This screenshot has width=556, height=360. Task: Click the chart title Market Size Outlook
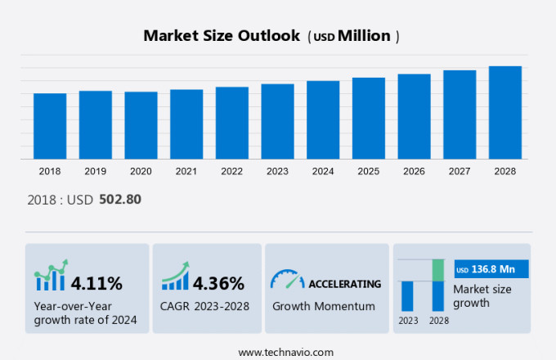coord(221,36)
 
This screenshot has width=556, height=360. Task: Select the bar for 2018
coord(50,126)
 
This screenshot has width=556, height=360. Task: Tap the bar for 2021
coord(186,124)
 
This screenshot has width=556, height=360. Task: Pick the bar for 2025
coord(369,118)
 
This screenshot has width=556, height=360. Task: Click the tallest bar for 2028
coord(505,112)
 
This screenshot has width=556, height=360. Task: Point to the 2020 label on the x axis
coord(141,171)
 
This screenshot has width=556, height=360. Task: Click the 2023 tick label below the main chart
coord(277,171)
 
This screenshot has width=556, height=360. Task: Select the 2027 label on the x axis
coord(460,171)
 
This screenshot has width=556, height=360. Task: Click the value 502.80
coord(120,199)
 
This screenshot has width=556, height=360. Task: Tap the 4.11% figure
coord(96,284)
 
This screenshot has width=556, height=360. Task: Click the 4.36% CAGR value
coord(218,284)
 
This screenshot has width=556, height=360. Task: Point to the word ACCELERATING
coord(344,284)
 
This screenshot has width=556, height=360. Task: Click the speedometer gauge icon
coord(287,280)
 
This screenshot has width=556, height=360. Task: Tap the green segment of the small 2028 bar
coord(438,269)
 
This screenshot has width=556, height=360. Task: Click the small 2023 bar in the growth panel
coord(407,295)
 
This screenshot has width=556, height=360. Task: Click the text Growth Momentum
coord(323,306)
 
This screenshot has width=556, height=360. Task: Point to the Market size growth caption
coord(482,295)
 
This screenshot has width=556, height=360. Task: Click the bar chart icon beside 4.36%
coord(175,277)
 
